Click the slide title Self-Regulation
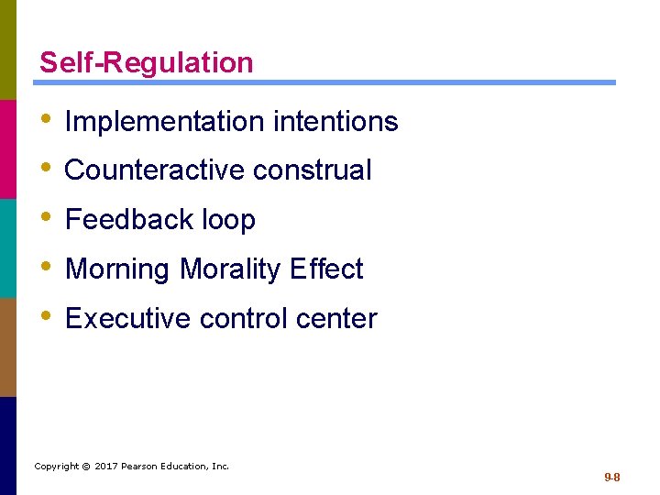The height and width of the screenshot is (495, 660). [x=146, y=63]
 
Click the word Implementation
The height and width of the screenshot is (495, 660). [x=149, y=122]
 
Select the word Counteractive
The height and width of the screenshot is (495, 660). [x=155, y=170]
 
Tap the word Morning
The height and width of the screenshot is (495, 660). [x=118, y=269]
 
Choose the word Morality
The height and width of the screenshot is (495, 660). [x=229, y=269]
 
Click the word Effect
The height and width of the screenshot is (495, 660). [x=326, y=269]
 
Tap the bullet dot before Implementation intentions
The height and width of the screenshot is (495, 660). [x=46, y=120]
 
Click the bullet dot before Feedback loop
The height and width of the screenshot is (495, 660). [x=46, y=219]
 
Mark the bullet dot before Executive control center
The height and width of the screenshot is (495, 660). [x=46, y=318]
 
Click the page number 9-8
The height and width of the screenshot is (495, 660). [x=612, y=478]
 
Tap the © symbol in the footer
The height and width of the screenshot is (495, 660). [x=85, y=467]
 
